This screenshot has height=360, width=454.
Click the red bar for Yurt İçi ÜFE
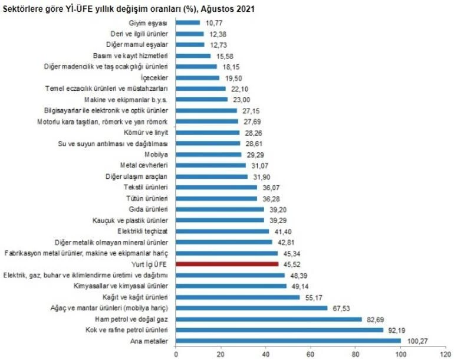pyautogui.click(x=227, y=264)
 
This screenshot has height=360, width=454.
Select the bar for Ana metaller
pyautogui.click(x=288, y=341)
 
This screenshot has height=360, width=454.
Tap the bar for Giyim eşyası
pyautogui.click(x=188, y=23)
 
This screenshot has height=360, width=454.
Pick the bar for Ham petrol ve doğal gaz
pyautogui.click(x=269, y=319)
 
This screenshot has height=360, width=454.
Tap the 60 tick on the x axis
pyautogui.click(x=311, y=354)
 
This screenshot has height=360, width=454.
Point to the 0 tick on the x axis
pyautogui.click(x=176, y=354)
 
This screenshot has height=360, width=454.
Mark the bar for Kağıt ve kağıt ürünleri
pyautogui.click(x=238, y=297)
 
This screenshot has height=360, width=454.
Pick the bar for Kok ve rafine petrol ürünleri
pyautogui.click(x=279, y=329)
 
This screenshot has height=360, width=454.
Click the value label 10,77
pyautogui.click(x=213, y=23)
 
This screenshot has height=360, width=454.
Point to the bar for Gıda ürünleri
pyautogui.click(x=220, y=209)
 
